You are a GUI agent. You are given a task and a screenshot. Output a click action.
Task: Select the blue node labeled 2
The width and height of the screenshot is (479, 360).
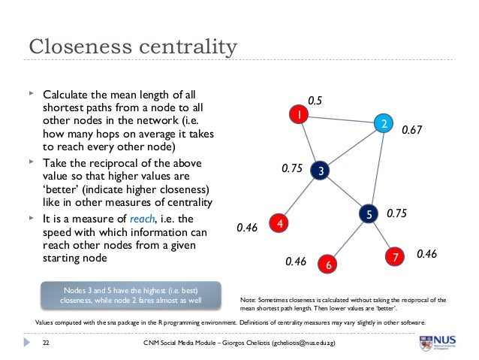(x=382, y=123)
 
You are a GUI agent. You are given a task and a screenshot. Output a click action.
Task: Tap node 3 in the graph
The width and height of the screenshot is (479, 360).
(x=321, y=171)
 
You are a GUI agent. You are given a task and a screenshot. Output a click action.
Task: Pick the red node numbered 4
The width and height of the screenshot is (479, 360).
(x=279, y=224)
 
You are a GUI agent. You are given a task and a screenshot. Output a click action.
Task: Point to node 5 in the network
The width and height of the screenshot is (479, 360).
(x=369, y=214)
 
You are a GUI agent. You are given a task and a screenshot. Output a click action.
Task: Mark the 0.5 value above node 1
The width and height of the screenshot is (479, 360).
(x=316, y=98)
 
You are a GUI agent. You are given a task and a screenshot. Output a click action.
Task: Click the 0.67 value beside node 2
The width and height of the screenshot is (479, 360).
(x=412, y=130)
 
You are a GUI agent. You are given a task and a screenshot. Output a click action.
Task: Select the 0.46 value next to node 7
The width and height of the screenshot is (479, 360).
(x=426, y=254)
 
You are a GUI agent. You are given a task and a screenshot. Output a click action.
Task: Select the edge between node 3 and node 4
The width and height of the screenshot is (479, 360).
(x=300, y=198)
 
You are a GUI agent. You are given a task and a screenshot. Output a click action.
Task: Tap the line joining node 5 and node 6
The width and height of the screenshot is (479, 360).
(x=348, y=239)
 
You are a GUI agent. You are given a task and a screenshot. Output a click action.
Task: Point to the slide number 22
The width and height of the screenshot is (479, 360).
(x=46, y=343)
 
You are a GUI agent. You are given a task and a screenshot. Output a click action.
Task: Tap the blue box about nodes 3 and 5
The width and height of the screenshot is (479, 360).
(x=131, y=295)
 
